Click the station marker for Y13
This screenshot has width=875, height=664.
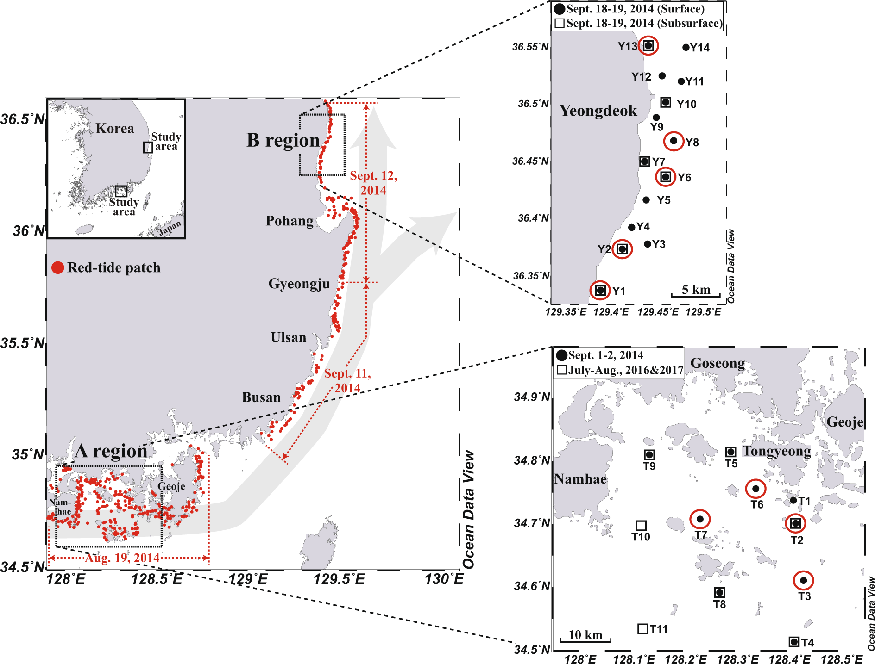[648, 45]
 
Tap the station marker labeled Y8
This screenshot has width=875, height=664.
[674, 141]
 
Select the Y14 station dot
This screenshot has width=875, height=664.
[686, 47]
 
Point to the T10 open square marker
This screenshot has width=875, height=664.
[641, 525]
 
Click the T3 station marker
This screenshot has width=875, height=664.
[803, 580]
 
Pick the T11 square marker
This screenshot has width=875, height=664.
[642, 629]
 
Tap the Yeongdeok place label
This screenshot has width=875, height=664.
[598, 111]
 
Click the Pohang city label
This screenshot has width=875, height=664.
[290, 221]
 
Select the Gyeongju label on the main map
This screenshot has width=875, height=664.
[299, 284]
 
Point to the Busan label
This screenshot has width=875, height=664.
[261, 397]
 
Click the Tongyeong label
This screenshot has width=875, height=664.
[776, 451]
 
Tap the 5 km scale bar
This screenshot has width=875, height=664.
[696, 294]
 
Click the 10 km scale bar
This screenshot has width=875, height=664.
[585, 640]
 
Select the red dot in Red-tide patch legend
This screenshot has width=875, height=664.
[58, 267]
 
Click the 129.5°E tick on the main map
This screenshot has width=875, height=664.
[340, 579]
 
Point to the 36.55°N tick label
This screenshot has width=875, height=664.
[530, 47]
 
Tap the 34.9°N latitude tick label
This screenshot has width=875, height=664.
[532, 397]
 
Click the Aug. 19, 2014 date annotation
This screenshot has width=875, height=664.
[122, 558]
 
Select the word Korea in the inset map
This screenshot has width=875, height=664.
[115, 128]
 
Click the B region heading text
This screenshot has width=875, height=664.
[283, 140]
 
